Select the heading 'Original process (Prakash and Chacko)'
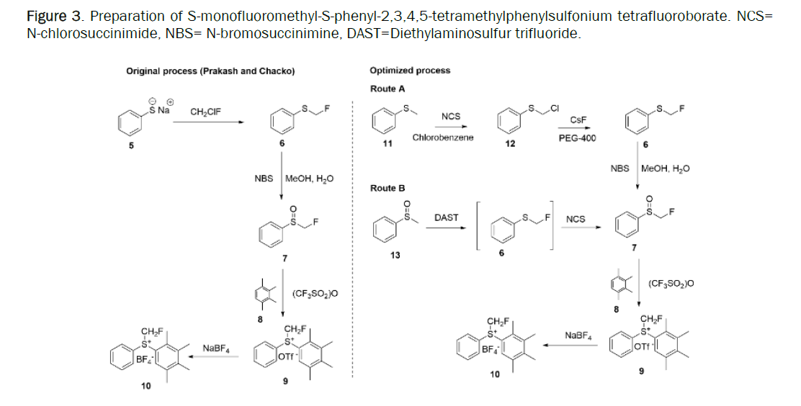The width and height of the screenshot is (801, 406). click(210, 71)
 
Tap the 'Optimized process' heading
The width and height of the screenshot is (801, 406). click(410, 71)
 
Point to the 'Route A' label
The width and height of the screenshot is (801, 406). click(388, 89)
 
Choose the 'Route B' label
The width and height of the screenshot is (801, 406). click(388, 188)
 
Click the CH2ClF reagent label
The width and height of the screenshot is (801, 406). click(206, 112)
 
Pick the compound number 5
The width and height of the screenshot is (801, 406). click(131, 146)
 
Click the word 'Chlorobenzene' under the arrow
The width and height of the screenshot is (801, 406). click(443, 137)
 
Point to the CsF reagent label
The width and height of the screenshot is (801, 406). click(576, 121)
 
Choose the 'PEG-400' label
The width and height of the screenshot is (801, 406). click(577, 138)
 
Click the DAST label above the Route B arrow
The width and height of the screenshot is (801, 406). click(447, 217)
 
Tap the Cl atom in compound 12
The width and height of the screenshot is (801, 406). click(555, 108)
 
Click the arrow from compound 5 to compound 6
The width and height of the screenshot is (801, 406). click(208, 122)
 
